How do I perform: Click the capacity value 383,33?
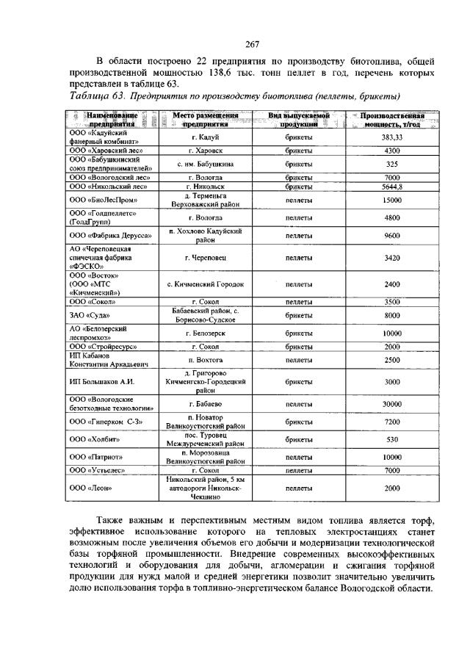391,137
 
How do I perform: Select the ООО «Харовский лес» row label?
104,151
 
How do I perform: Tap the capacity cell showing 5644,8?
391,187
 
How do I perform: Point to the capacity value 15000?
391,200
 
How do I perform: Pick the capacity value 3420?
391,258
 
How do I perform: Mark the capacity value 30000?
391,404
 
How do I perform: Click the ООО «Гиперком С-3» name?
104,422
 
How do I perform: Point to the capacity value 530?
391,439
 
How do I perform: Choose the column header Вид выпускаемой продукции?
298,120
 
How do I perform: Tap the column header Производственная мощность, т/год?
391,120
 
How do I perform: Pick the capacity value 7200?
391,422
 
